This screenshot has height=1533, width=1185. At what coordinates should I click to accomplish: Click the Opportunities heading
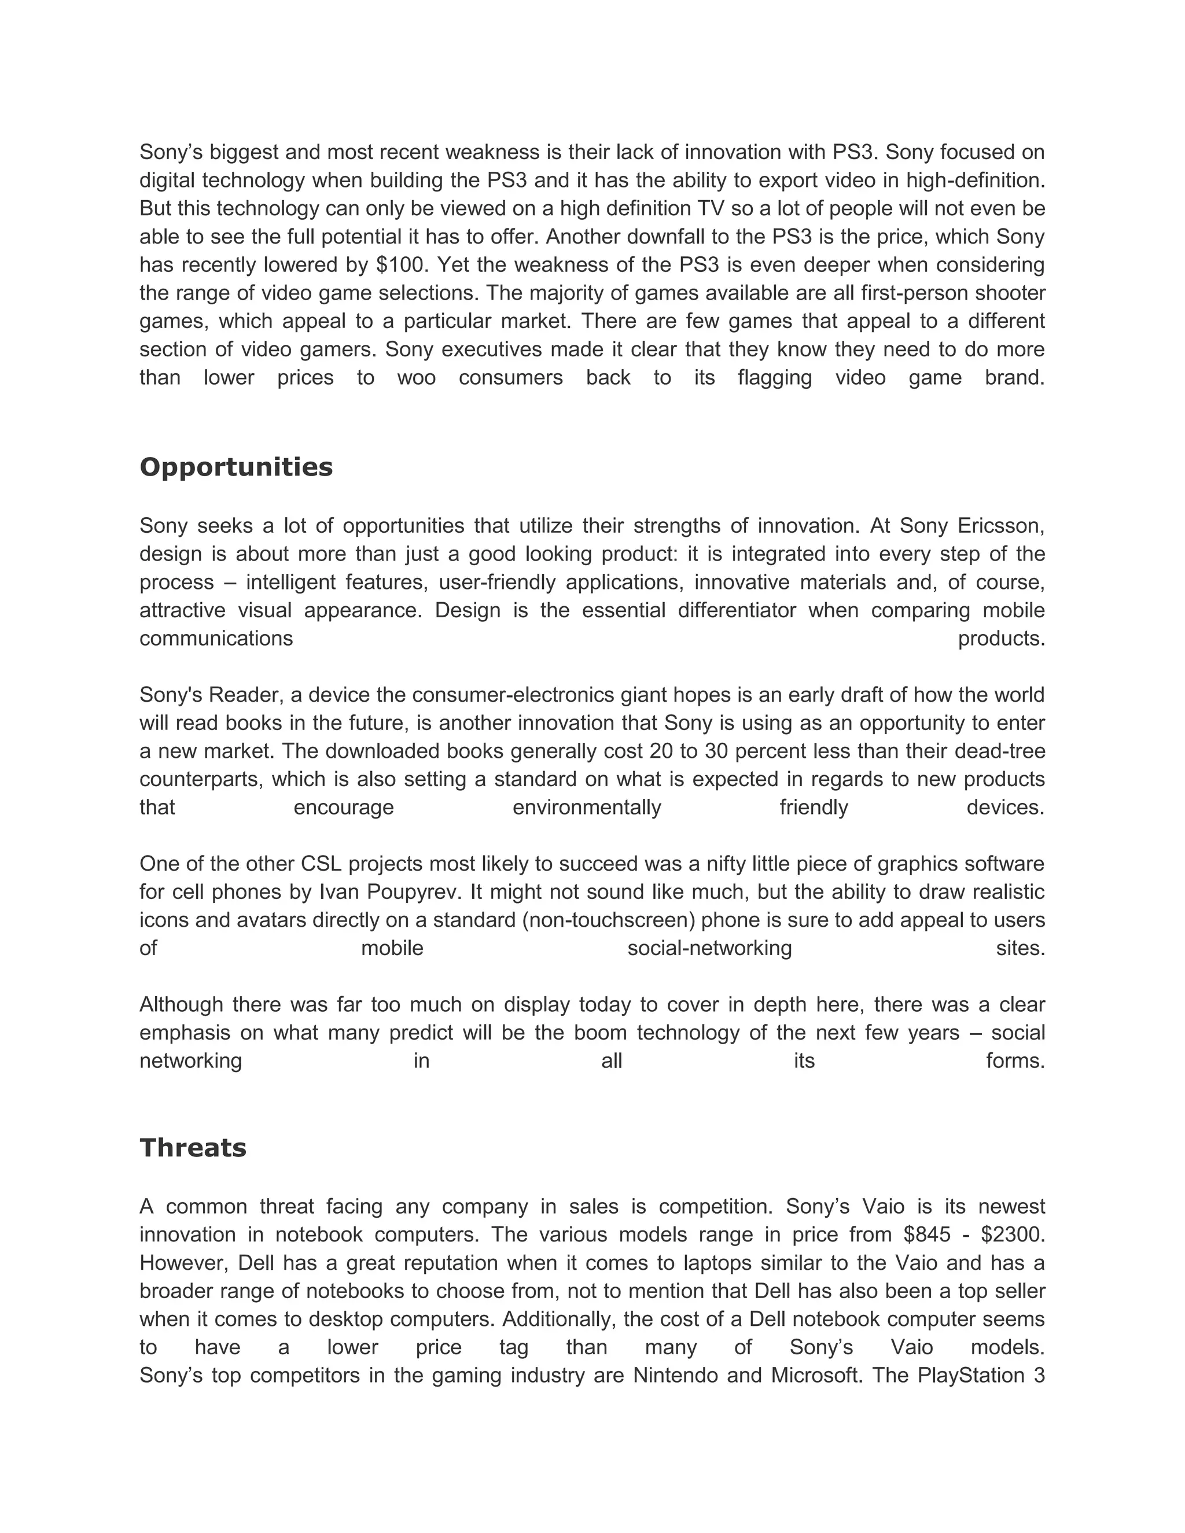236,467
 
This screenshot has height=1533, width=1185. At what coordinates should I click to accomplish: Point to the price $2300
1013,1234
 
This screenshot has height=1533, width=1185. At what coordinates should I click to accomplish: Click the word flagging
774,378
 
